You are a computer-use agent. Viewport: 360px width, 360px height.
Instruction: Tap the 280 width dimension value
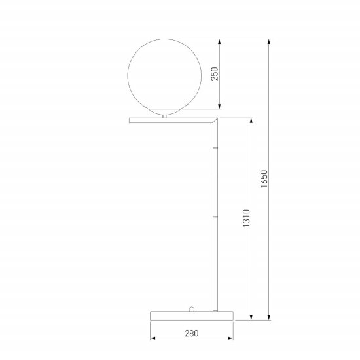(x=192, y=333)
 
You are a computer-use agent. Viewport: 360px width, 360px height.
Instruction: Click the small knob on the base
(x=194, y=306)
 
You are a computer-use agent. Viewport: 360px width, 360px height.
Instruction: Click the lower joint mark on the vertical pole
(x=215, y=215)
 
